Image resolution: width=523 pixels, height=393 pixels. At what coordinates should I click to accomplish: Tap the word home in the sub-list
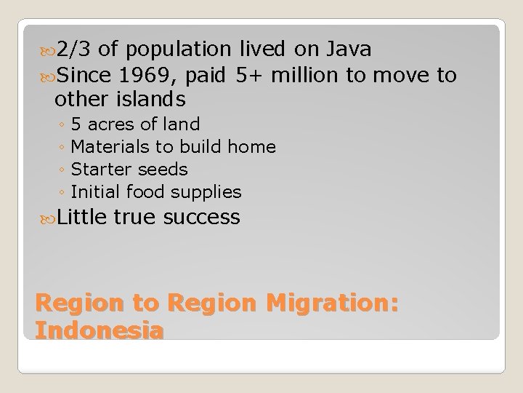(251, 147)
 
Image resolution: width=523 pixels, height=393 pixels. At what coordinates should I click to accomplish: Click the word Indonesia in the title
(100, 330)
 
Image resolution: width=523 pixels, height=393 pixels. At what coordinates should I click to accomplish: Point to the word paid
(208, 75)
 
